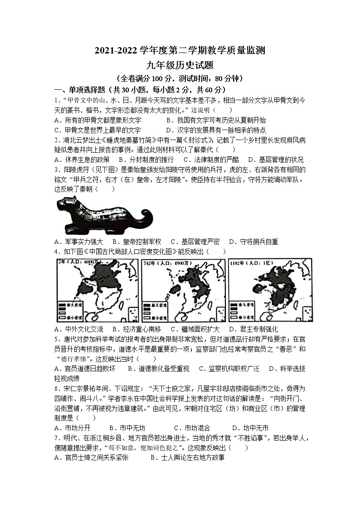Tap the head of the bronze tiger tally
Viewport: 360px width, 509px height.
[x=66, y=206]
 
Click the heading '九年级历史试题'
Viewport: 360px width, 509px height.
[x=180, y=65]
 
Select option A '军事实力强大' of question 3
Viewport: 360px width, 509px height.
[x=79, y=242]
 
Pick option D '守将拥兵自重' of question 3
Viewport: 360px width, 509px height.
[x=253, y=242]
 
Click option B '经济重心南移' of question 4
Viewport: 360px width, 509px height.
[x=136, y=329]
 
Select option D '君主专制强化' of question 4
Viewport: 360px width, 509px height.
[x=253, y=329]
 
